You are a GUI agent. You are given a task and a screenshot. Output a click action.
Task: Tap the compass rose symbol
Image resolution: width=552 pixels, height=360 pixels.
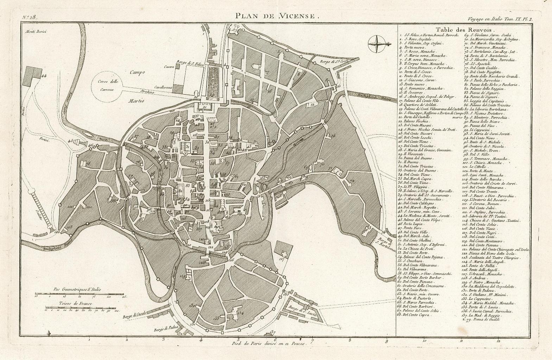377,44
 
